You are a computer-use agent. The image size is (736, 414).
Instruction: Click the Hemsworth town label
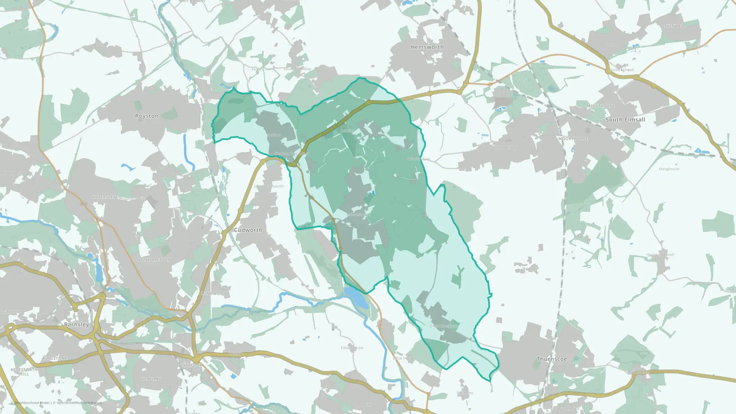[427, 47]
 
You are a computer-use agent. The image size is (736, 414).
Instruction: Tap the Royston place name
[146, 116]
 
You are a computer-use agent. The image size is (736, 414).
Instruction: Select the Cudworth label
[248, 230]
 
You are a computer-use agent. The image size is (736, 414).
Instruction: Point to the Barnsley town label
[76, 325]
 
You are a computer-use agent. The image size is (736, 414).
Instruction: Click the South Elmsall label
[625, 120]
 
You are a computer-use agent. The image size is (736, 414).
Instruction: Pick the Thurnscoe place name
[552, 359]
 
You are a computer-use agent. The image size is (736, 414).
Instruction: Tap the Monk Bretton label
[154, 260]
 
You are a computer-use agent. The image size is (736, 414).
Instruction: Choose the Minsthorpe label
[601, 106]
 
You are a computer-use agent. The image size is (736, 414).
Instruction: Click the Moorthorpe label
[573, 139]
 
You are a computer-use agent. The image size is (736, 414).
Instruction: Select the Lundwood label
[214, 294]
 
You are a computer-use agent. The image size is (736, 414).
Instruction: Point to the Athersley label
[104, 197]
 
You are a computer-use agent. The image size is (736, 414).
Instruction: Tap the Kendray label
[151, 379]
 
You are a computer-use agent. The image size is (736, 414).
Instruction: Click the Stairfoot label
[190, 365]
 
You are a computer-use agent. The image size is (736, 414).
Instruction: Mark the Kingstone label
[55, 358]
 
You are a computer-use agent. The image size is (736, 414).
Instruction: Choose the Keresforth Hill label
[24, 372]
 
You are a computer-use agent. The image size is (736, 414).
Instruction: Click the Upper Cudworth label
[269, 186]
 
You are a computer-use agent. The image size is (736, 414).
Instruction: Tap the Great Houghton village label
[444, 326]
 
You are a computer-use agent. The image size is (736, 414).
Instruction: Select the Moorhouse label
[669, 169]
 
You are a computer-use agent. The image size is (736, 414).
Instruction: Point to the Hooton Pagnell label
[660, 255]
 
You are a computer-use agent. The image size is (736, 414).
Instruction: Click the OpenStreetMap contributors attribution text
[79, 403]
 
